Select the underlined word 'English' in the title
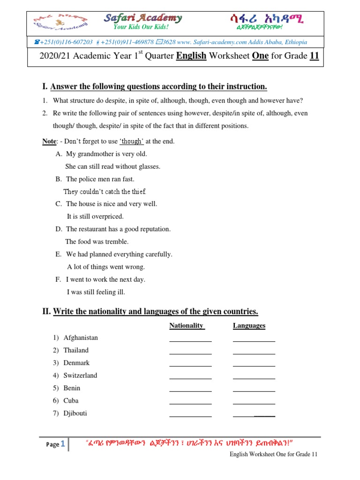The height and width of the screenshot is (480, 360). pyautogui.click(x=191, y=56)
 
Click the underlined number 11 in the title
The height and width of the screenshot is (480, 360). pyautogui.click(x=314, y=56)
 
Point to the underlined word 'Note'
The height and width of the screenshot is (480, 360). pyautogui.click(x=49, y=141)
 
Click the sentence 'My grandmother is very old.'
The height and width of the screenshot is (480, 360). pyautogui.click(x=106, y=154)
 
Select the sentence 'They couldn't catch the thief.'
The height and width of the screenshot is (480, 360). pyautogui.click(x=105, y=192)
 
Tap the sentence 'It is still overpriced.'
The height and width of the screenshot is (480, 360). pyautogui.click(x=95, y=217)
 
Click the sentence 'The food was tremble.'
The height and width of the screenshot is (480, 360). pyautogui.click(x=97, y=242)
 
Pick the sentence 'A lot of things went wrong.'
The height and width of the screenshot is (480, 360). pyautogui.click(x=106, y=267)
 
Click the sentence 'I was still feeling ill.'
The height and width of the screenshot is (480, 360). pyautogui.click(x=96, y=292)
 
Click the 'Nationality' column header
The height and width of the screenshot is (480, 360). pyautogui.click(x=187, y=325)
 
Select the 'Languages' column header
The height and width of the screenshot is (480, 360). pyautogui.click(x=249, y=325)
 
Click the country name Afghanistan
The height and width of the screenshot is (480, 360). pyautogui.click(x=81, y=337)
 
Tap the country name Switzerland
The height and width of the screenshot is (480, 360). pyautogui.click(x=80, y=375)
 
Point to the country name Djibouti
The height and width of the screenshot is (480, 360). pyautogui.click(x=75, y=413)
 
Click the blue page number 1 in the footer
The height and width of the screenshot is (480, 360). pyautogui.click(x=63, y=444)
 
